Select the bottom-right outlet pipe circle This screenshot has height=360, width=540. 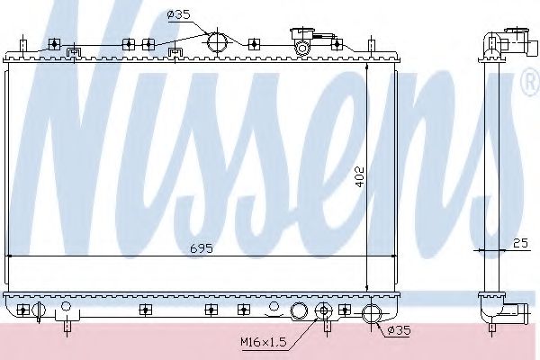point(371,314)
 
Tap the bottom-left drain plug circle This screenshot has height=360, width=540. point(39,311)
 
